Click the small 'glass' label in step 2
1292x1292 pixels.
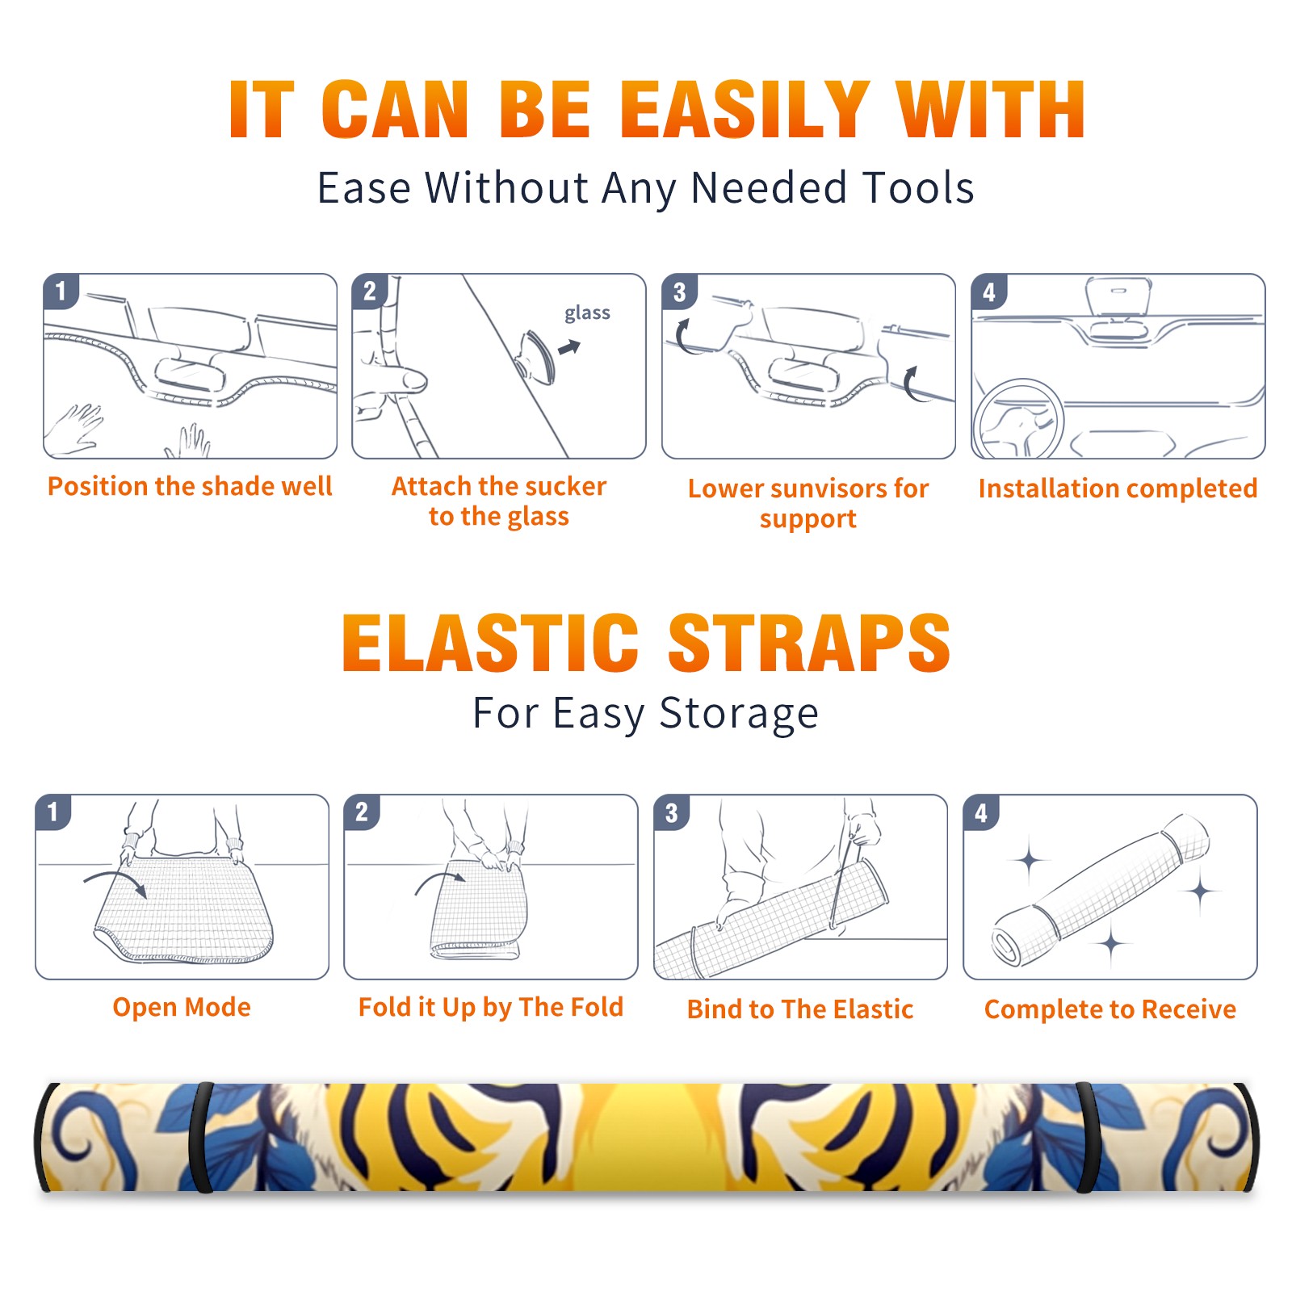pyautogui.click(x=587, y=313)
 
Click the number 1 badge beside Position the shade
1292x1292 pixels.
pyautogui.click(x=61, y=291)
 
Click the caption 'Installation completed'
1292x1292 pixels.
pyautogui.click(x=1118, y=489)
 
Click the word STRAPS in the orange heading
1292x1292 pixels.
pyautogui.click(x=809, y=643)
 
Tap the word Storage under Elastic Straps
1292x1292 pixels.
pyautogui.click(x=739, y=714)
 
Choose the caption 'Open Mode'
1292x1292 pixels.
pyautogui.click(x=182, y=1007)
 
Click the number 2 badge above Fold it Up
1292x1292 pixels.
pyautogui.click(x=363, y=812)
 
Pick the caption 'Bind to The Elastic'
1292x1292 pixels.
pyautogui.click(x=800, y=1009)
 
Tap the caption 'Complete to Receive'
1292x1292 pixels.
pyautogui.click(x=1110, y=1009)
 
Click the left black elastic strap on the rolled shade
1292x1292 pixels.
pyautogui.click(x=201, y=1138)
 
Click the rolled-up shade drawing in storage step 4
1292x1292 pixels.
pyautogui.click(x=1101, y=889)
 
